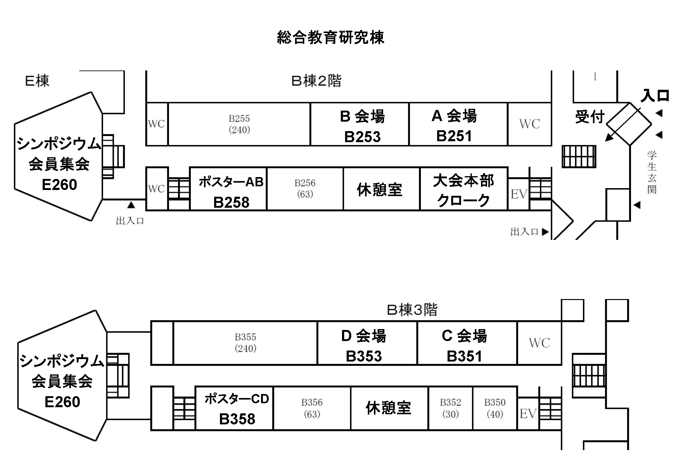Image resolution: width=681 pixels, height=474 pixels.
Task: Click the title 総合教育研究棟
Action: point(330,37)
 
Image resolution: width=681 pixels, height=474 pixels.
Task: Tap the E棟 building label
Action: point(37,81)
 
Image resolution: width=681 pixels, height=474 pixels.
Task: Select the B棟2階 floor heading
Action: point(316,81)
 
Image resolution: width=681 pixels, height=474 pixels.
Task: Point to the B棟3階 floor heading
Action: point(412,310)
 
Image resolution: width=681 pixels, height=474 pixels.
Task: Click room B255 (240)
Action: point(239,124)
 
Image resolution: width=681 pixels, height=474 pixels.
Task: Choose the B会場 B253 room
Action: point(360,124)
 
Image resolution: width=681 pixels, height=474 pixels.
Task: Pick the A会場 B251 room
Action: point(458,124)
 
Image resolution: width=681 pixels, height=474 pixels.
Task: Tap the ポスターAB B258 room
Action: point(229,189)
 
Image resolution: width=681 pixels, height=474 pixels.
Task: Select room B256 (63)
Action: point(305,189)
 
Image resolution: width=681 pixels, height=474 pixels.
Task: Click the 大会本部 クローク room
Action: point(464,189)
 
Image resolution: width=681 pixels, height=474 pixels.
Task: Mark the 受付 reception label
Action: point(590,117)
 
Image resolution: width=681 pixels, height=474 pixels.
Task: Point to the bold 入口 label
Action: point(655,95)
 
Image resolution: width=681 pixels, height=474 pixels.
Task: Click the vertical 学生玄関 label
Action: point(652,172)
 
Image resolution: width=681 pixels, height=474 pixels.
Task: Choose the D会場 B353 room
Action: point(367,343)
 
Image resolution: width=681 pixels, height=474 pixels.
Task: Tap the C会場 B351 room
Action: point(467,343)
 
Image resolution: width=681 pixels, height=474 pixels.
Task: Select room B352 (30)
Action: point(450,408)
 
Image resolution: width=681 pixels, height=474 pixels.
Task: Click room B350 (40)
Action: point(495,408)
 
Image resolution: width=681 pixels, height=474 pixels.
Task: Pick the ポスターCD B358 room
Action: point(234,408)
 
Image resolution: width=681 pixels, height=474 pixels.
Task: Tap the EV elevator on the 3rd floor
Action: point(528,414)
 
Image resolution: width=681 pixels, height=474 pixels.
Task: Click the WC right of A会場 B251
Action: point(529,124)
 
